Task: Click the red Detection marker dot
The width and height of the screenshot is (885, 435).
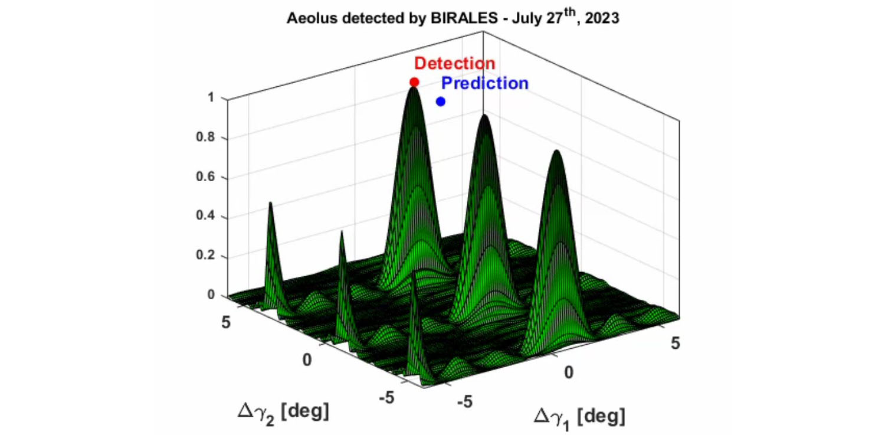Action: coord(414,82)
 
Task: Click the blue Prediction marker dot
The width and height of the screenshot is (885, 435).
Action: coord(441,102)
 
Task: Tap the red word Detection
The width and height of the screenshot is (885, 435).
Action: coord(454,63)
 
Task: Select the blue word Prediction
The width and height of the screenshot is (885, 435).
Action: coord(485,83)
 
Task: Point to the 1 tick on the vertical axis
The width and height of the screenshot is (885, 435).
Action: coord(211,97)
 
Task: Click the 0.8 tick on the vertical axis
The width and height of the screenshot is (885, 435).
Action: coord(205,137)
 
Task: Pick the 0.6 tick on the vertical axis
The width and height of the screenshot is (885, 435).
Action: coord(205,176)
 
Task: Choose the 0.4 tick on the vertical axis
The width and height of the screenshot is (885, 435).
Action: coord(205,215)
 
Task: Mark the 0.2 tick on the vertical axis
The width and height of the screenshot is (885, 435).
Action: coord(205,255)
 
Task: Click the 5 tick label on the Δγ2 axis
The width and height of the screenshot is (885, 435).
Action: coord(225,322)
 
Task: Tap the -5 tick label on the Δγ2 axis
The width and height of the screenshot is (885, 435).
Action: coord(387,397)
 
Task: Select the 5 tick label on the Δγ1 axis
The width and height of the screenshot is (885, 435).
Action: coord(675,344)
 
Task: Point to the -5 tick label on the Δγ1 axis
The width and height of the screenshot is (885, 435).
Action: coord(465,402)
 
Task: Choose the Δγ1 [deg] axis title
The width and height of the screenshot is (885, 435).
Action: coord(579,418)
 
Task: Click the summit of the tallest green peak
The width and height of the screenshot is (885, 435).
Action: coord(413,88)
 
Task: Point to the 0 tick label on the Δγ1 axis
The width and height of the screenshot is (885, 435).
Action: coord(569,372)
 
